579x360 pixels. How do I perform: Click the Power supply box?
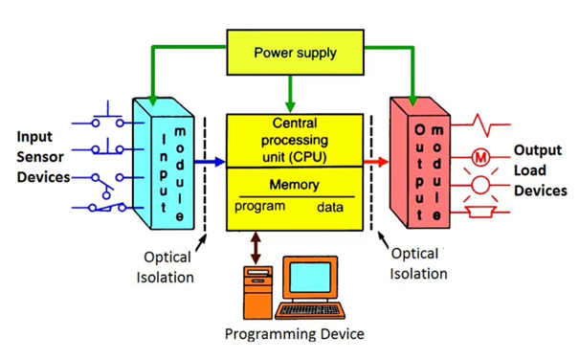(x=294, y=53)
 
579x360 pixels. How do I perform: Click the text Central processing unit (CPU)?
(x=294, y=139)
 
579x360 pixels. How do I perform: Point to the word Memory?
(x=294, y=185)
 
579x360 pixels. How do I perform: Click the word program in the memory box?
(x=260, y=207)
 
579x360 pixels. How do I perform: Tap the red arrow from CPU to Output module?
(x=377, y=163)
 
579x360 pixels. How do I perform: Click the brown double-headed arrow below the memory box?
(x=255, y=248)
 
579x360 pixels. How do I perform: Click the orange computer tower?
(x=256, y=293)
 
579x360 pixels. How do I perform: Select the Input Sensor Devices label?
(x=41, y=158)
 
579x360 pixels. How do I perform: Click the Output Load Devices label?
(x=541, y=170)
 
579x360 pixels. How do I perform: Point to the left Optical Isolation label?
(x=167, y=267)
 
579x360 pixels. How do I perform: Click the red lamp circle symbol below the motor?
(x=480, y=186)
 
